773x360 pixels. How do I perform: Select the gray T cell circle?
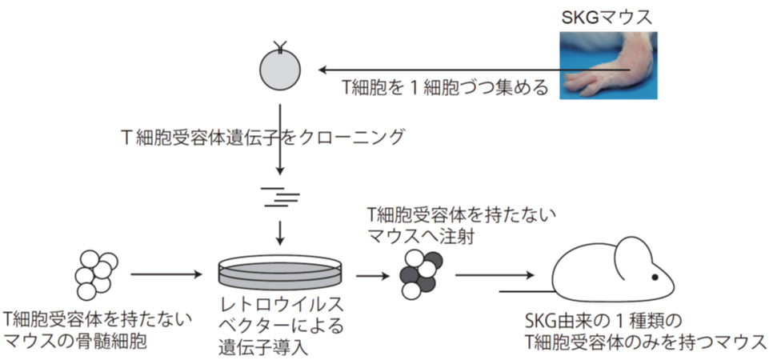pyautogui.click(x=280, y=70)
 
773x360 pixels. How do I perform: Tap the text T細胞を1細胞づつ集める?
pyautogui.click(x=444, y=88)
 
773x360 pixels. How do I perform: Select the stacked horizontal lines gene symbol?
pyautogui.click(x=280, y=194)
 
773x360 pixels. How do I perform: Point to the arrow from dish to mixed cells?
pyautogui.click(x=370, y=274)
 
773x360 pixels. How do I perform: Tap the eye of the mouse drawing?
pyautogui.click(x=654, y=276)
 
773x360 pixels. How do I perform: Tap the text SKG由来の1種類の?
pyautogui.click(x=599, y=322)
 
